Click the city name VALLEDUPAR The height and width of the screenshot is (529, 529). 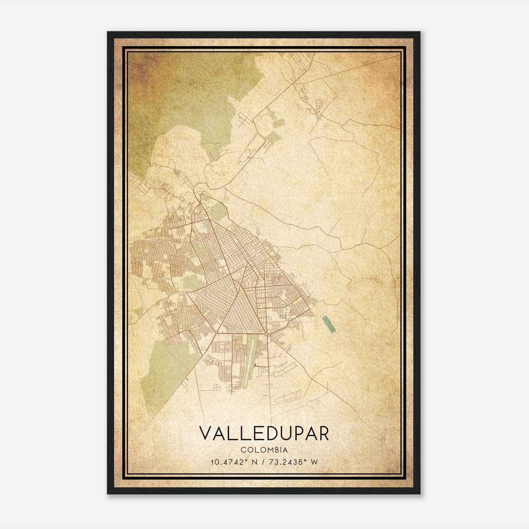pyautogui.click(x=264, y=433)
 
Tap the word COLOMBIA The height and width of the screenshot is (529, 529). pyautogui.click(x=264, y=450)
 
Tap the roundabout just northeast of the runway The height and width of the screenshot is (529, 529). pyautogui.click(x=267, y=334)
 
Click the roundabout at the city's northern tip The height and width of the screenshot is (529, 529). pyautogui.click(x=199, y=202)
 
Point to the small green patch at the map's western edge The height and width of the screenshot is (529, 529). pyautogui.click(x=139, y=311)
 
